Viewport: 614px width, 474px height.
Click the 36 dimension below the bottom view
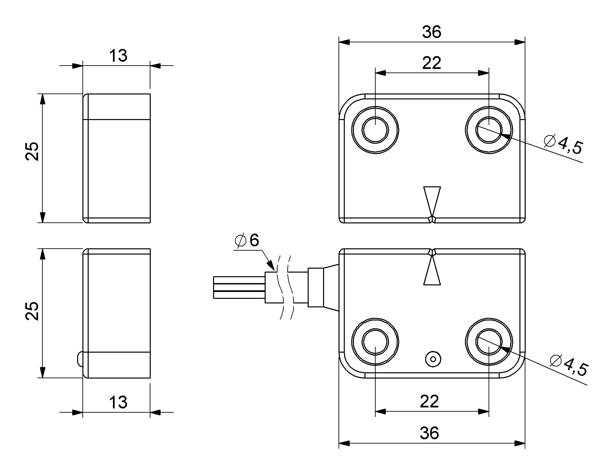pyautogui.click(x=429, y=433)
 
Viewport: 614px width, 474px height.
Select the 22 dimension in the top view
pyautogui.click(x=431, y=63)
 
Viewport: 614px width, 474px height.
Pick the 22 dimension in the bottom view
pyautogui.click(x=429, y=402)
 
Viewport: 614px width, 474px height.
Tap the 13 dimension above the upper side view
pyautogui.click(x=118, y=56)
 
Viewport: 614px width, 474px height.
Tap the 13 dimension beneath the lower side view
pyautogui.click(x=118, y=402)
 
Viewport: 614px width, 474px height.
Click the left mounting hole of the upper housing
pyautogui.click(x=375, y=130)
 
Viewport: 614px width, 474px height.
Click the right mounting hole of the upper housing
pyautogui.click(x=489, y=130)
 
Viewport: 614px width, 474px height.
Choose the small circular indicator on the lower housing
pyautogui.click(x=433, y=359)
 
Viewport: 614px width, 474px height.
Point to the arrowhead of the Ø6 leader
pyautogui.click(x=271, y=265)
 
